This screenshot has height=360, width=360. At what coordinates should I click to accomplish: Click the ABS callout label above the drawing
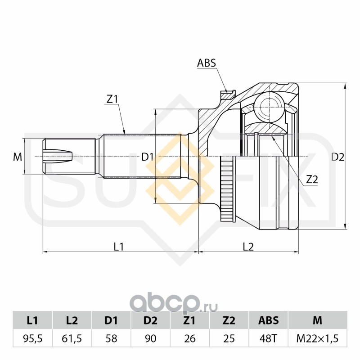pos(207,63)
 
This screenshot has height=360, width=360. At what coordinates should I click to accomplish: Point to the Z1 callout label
pos(112,99)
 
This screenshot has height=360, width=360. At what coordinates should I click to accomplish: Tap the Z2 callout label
pos(312,179)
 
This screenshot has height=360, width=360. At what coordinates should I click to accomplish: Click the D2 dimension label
pos(337,157)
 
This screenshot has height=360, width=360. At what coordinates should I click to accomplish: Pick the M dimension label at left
pos(17,157)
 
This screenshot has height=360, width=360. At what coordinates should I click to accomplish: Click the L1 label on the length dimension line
pos(119,246)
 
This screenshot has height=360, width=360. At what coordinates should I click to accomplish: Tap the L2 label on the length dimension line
pos(248,246)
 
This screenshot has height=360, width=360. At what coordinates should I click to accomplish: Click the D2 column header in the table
pos(150,320)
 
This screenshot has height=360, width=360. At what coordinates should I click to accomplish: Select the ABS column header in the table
pos(268,320)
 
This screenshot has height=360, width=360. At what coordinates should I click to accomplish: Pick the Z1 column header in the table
pos(190,320)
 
